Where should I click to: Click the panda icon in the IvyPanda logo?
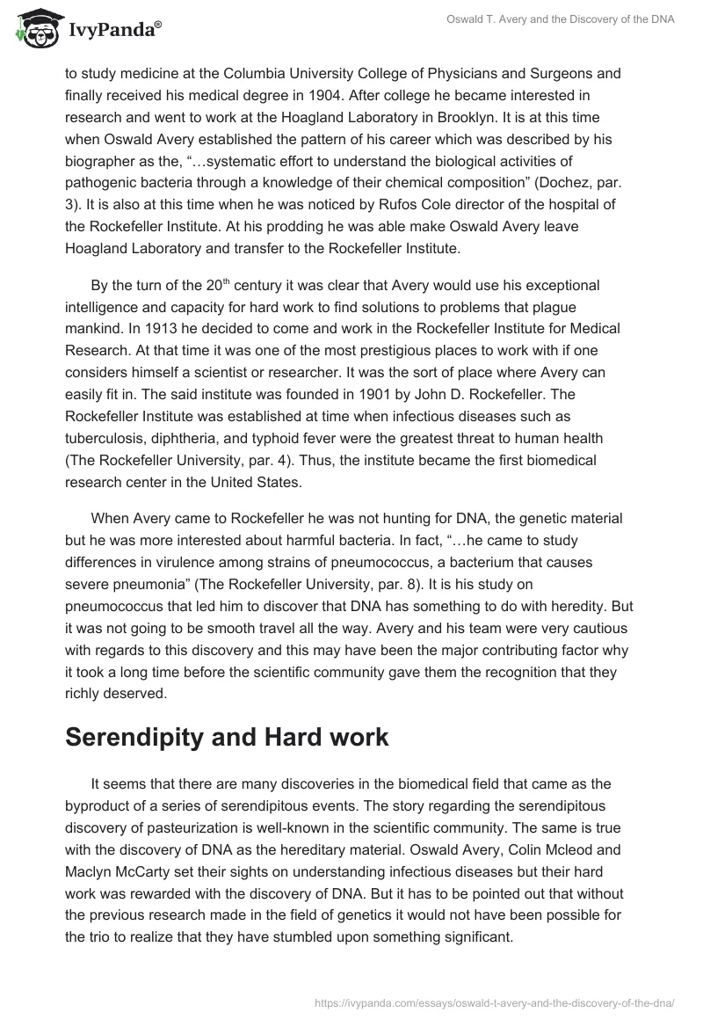(x=34, y=30)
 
